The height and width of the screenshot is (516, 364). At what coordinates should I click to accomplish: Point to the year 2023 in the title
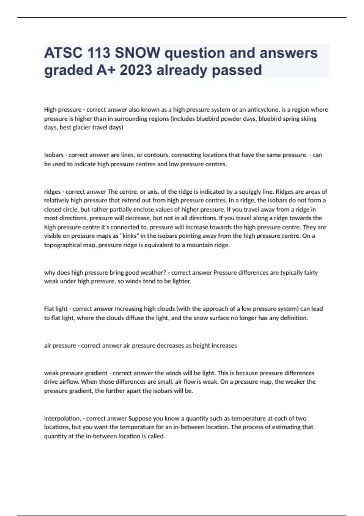pos(136,70)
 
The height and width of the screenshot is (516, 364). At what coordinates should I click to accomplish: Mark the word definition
pos(293,318)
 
